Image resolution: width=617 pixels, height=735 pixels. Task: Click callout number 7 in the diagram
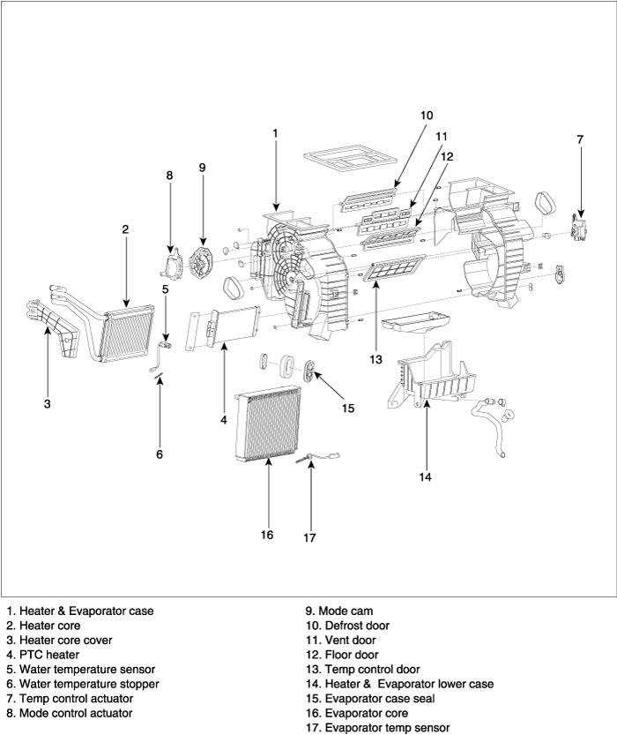[x=580, y=139]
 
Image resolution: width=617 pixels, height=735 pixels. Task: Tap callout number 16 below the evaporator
[x=267, y=535]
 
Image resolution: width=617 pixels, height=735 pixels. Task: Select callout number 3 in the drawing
[x=47, y=404]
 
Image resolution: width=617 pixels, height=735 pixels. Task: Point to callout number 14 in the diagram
[x=425, y=477]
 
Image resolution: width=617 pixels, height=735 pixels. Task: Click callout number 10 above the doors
[x=427, y=116]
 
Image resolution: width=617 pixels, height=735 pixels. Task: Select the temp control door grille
[x=394, y=268]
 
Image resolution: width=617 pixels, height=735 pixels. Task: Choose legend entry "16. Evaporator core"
[x=355, y=713]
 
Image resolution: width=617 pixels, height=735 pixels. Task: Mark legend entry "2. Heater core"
[x=43, y=626]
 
